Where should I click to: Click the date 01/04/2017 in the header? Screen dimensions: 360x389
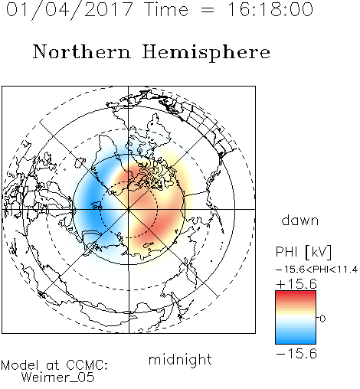[x=70, y=10]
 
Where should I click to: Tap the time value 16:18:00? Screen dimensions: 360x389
[x=270, y=9]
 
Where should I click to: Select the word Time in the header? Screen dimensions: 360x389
[x=166, y=9]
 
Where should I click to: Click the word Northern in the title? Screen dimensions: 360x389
[x=82, y=51]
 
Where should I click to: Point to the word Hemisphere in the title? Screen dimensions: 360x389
[x=206, y=52]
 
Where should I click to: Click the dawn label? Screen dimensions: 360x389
[x=300, y=220]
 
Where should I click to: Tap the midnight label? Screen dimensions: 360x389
[x=180, y=360]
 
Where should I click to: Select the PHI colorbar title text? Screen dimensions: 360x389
[x=286, y=252]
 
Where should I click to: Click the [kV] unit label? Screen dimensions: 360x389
[x=319, y=252]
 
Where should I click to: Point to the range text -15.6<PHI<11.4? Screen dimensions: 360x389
[x=317, y=270]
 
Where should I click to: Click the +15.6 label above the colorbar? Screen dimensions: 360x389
[x=296, y=284]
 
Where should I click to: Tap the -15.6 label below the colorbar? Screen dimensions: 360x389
[x=296, y=354]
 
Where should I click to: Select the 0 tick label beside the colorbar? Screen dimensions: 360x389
[x=322, y=319]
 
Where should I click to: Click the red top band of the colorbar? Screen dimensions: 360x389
[x=296, y=294]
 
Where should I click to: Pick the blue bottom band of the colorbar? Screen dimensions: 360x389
[x=296, y=341]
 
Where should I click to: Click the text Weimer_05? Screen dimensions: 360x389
[x=58, y=378]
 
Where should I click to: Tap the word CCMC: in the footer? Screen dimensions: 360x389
[x=87, y=365]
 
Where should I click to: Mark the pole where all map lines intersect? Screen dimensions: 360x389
[x=129, y=209]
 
